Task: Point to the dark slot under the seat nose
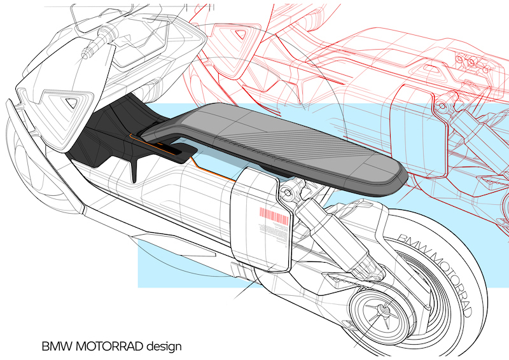coord(169,147)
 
